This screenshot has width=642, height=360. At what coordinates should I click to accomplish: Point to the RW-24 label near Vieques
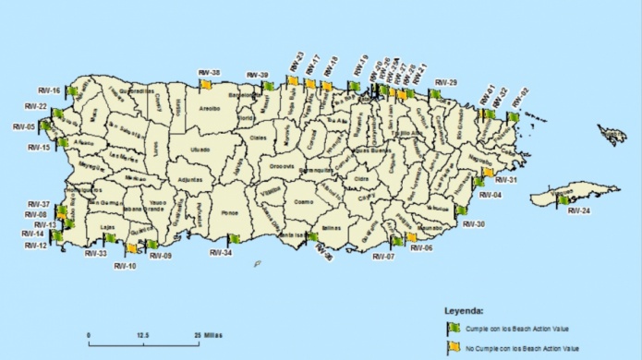579,211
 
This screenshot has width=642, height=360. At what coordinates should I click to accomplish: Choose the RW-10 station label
126,266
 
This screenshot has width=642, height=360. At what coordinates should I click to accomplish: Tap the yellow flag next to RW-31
487,173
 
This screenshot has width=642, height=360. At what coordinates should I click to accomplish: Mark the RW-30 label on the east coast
474,224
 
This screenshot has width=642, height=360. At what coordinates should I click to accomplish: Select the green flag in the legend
442,328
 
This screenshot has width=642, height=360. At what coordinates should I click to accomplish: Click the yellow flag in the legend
442,347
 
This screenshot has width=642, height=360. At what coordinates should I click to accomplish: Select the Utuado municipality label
200,149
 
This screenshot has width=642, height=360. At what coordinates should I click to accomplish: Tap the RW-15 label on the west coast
39,148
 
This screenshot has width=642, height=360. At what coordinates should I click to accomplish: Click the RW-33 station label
95,254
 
